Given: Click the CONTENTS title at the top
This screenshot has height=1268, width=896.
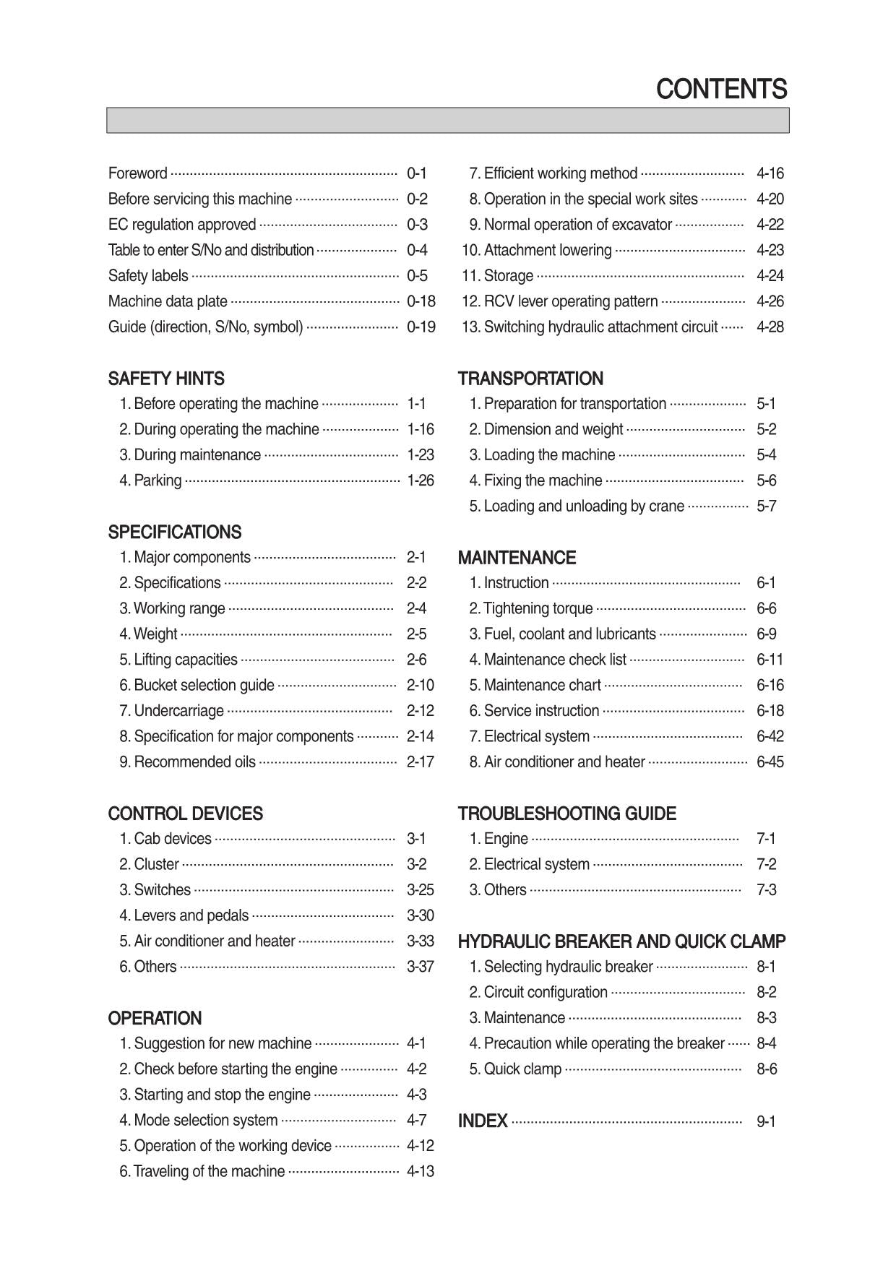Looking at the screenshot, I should tap(721, 90).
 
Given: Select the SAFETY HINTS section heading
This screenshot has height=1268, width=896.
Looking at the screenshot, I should tap(166, 379).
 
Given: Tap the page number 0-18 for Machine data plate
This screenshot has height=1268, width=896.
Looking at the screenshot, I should tap(421, 301).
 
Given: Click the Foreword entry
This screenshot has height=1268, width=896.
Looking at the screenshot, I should tap(137, 173).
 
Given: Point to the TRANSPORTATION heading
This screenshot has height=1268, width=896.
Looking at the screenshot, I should tap(530, 379).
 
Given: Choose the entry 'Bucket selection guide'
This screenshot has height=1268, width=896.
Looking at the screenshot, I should tap(204, 685).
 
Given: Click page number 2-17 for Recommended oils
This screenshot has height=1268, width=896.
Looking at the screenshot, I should tap(420, 762).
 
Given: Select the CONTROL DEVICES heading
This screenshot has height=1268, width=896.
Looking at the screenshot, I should tap(185, 814).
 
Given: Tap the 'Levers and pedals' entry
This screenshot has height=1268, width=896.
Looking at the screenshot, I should tap(191, 915).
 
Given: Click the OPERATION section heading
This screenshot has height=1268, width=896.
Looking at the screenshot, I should tap(155, 1018).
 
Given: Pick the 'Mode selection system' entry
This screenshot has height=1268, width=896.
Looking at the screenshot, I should tap(205, 1120).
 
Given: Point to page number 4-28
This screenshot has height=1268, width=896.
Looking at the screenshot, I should tap(770, 327).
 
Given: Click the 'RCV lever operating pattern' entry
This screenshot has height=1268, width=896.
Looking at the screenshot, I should tap(570, 301).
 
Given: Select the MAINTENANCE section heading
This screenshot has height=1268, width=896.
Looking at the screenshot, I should tap(517, 558).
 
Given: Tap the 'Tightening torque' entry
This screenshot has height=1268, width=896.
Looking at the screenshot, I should tap(538, 608).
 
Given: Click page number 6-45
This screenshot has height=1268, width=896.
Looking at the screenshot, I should tap(770, 762).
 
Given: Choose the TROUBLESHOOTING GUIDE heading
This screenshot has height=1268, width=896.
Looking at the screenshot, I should tap(567, 814).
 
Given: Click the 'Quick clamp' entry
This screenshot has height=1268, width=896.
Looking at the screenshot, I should tap(522, 1069).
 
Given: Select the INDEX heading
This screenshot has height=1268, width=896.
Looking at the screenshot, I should tap(483, 1121).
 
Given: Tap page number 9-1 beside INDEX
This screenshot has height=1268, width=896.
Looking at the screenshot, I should tap(766, 1121).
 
